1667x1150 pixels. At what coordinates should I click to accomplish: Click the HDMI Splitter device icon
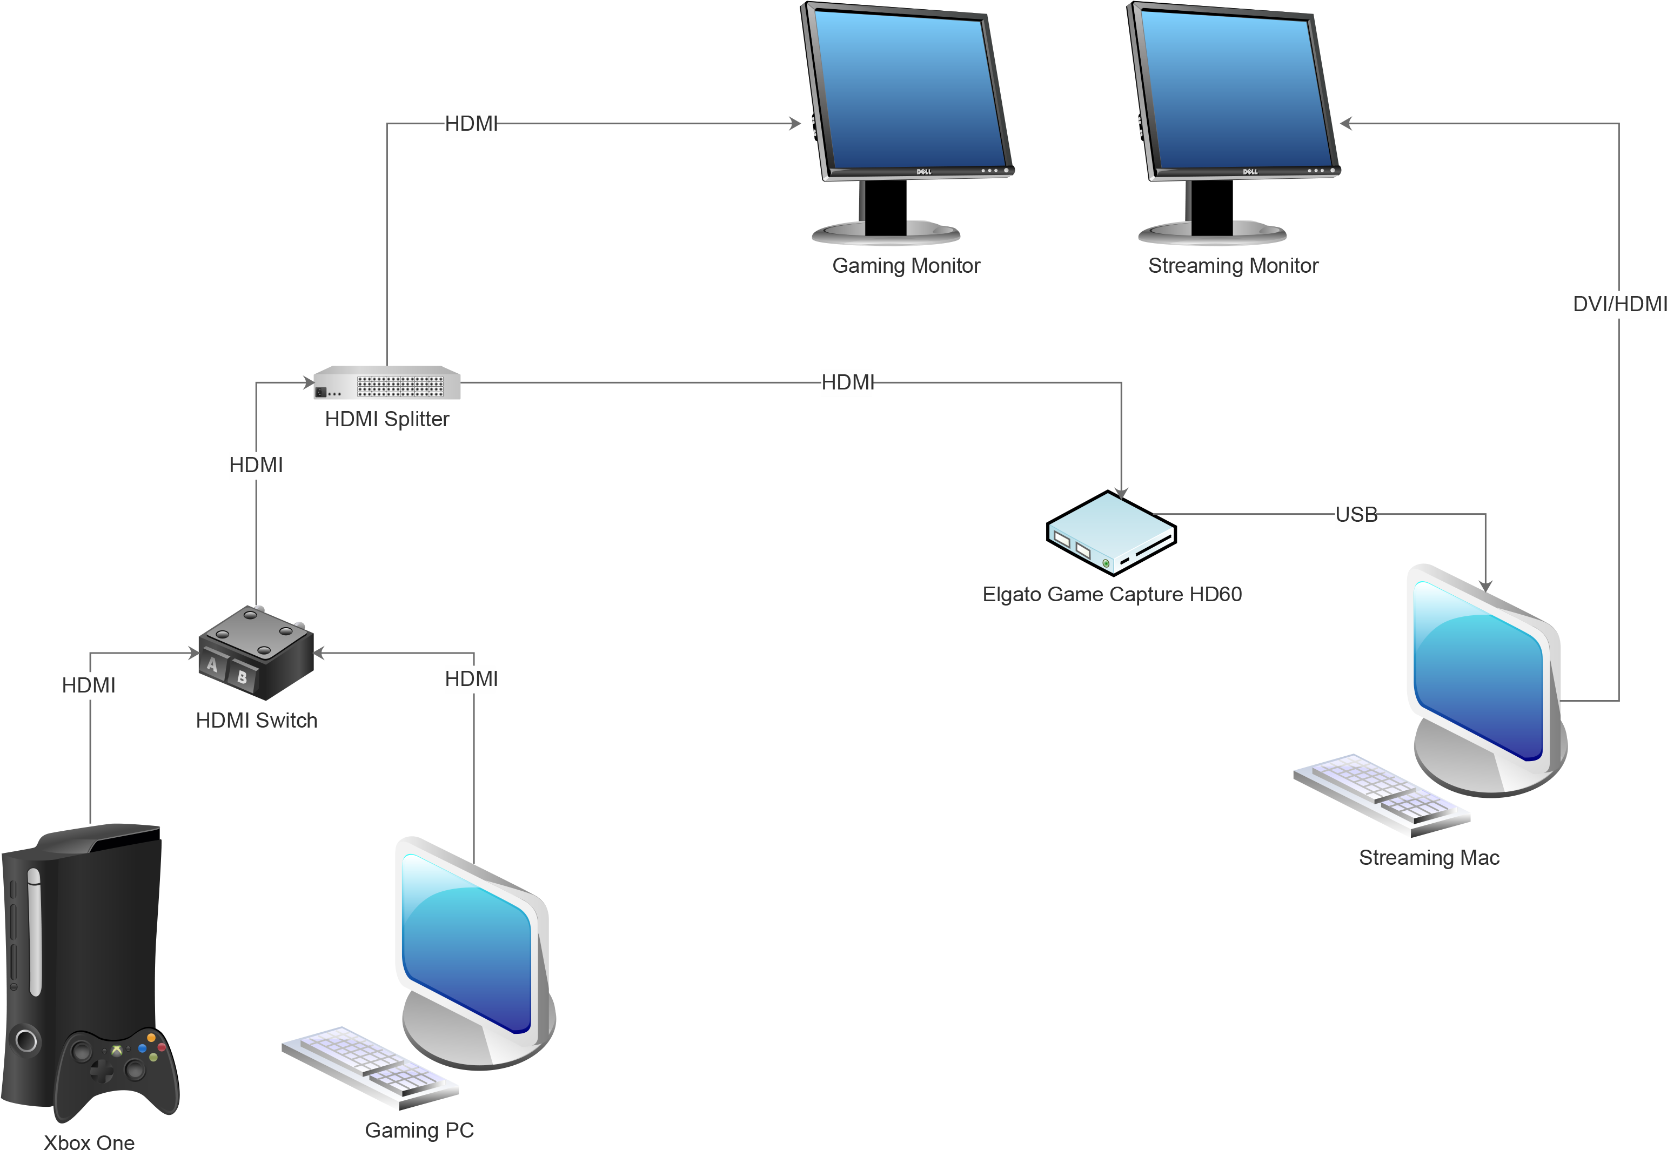tap(387, 382)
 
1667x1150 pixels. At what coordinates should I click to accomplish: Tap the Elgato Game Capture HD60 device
tap(1110, 533)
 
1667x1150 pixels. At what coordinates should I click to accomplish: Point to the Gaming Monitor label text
tap(906, 266)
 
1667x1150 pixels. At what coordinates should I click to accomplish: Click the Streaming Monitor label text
tap(1233, 266)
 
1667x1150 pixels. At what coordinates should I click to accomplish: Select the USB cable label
tap(1355, 514)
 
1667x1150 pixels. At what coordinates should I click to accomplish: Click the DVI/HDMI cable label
tap(1617, 304)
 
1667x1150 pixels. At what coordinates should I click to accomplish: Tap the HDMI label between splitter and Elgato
tap(846, 382)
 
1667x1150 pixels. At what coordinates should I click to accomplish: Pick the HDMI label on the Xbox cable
tap(87, 684)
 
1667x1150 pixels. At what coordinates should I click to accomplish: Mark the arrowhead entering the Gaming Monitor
tap(795, 124)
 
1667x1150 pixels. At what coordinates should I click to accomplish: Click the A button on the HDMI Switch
tap(212, 664)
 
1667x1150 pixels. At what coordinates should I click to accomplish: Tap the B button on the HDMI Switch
tap(242, 677)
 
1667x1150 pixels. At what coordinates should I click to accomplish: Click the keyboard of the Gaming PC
tap(369, 1067)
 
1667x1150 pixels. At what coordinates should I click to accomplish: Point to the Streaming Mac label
tap(1429, 857)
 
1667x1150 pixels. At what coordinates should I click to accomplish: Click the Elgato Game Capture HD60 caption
tap(1112, 595)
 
